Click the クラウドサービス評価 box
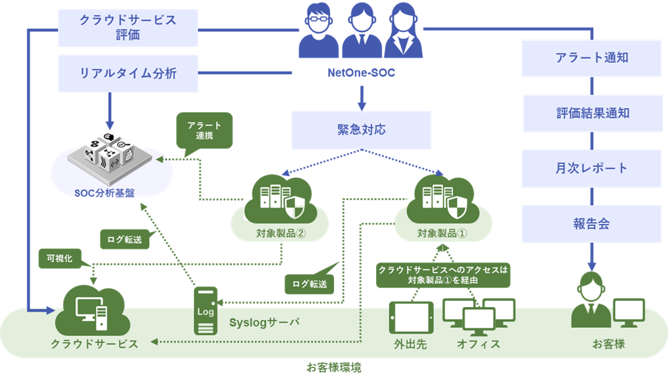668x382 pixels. [x=128, y=27]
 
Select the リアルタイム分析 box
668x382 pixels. [x=128, y=74]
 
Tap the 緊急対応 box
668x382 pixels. [x=361, y=130]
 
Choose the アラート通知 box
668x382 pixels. [x=592, y=58]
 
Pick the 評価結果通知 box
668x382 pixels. [x=592, y=113]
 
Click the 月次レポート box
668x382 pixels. [x=592, y=168]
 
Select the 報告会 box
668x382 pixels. [x=592, y=223]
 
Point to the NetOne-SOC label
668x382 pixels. [x=361, y=73]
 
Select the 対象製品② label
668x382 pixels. [x=282, y=233]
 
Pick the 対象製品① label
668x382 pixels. [x=442, y=233]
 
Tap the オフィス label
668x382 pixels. [x=478, y=344]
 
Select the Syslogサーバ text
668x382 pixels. [x=264, y=322]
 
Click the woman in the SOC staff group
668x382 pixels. [x=404, y=30]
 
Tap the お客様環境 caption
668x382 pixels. [x=334, y=367]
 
